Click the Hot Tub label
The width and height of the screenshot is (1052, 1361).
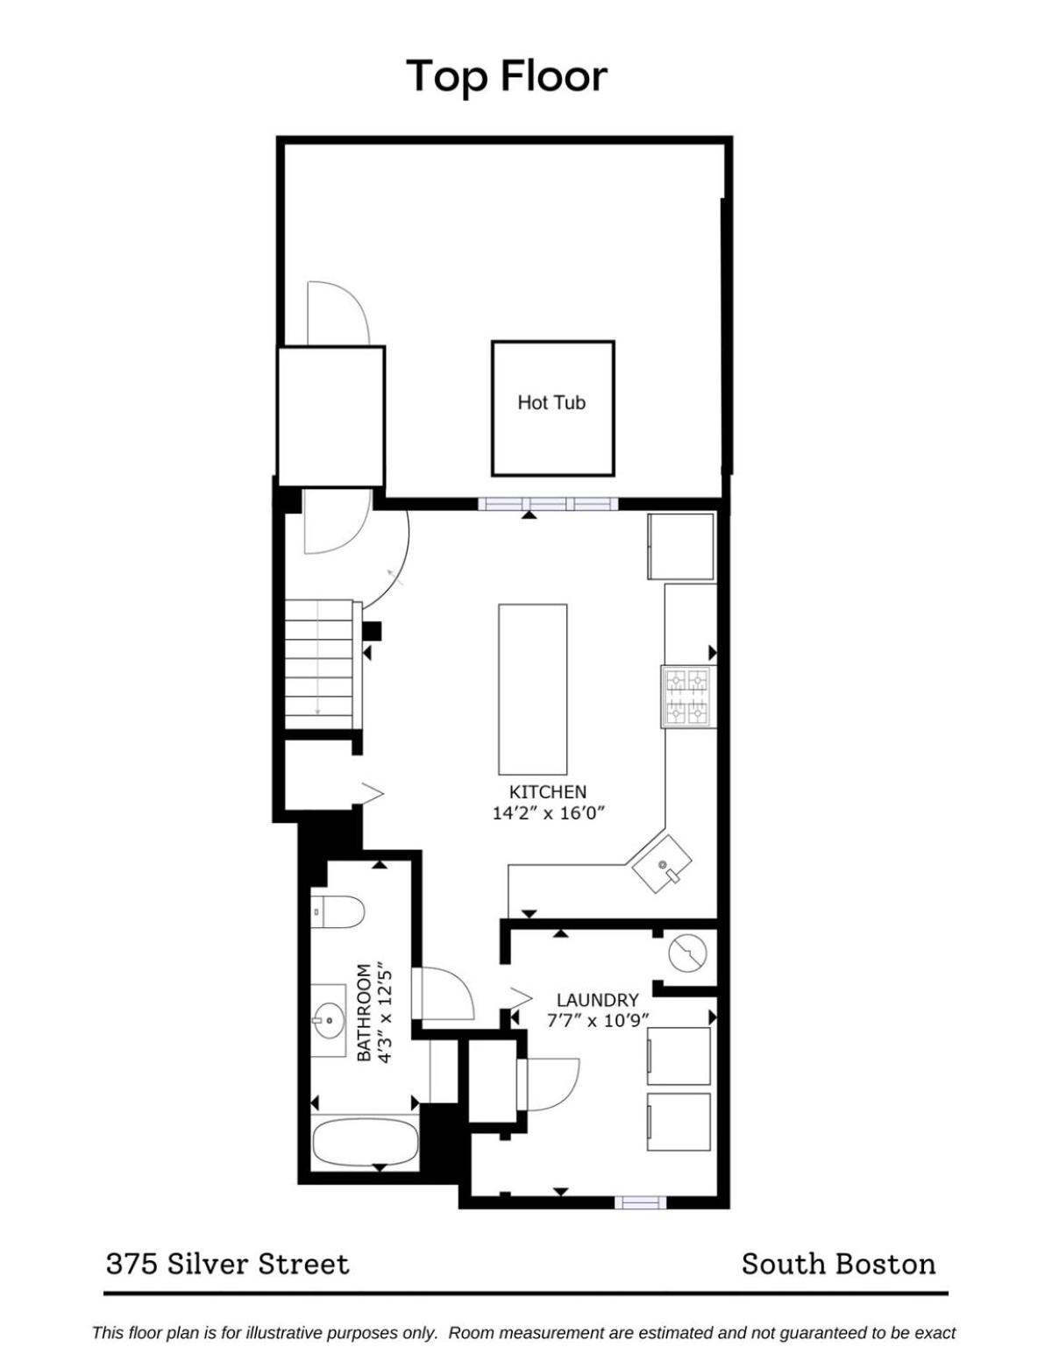coord(551,402)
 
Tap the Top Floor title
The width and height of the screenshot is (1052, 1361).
coord(507,76)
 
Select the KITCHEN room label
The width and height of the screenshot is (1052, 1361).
coord(548,791)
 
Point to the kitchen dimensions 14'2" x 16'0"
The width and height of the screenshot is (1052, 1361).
coord(548,813)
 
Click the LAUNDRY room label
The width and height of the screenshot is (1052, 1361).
coord(599,1000)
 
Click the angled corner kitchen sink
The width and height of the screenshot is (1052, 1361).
coord(662,864)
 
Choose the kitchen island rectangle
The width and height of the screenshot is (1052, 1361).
coord(533,689)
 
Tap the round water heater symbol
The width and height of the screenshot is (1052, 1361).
coord(688,955)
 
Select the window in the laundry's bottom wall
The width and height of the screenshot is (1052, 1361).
coord(640,1202)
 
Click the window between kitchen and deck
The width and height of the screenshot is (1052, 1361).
coord(548,504)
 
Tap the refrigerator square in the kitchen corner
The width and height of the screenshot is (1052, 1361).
coord(680,546)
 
